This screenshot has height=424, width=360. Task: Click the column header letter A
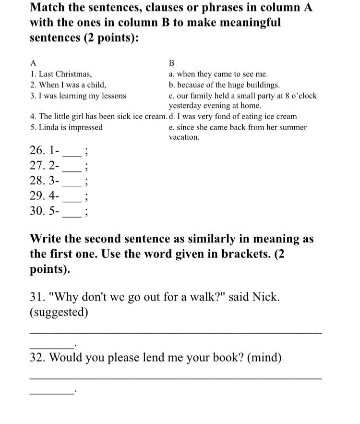[33, 63]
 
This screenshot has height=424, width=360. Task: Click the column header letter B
[172, 63]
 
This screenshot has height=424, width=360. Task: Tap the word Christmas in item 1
[73, 74]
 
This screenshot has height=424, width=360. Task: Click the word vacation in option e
[184, 137]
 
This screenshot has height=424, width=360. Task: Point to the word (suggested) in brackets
[59, 312]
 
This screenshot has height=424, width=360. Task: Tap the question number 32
[37, 358]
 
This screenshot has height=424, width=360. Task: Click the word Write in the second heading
[47, 239]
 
